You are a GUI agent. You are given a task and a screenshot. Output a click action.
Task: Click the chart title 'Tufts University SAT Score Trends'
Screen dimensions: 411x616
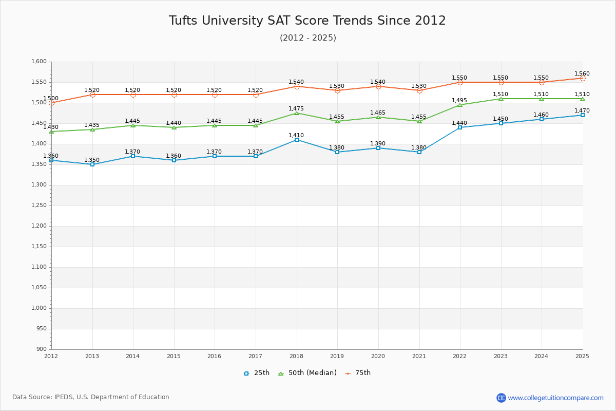pos(307,21)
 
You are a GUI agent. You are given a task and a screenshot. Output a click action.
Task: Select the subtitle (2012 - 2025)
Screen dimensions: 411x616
pos(307,38)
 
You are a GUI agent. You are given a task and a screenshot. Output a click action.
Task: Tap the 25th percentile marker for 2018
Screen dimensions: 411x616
pos(297,140)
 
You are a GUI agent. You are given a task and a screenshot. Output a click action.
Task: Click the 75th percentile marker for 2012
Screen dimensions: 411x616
pos(51,103)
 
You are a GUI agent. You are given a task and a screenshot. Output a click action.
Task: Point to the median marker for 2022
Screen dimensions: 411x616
pos(460,105)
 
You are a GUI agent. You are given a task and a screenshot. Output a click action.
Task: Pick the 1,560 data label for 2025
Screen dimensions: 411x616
pos(582,74)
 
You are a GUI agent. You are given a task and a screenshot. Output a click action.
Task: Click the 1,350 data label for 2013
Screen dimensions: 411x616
pos(92,160)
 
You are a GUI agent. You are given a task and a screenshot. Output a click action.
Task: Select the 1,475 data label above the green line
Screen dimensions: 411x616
pos(296,109)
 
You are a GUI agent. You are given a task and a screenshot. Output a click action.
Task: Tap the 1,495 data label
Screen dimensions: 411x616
pos(459,101)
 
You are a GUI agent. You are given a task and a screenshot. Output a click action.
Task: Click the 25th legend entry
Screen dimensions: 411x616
pos(257,373)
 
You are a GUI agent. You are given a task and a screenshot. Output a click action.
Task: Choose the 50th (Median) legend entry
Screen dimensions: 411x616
pos(307,373)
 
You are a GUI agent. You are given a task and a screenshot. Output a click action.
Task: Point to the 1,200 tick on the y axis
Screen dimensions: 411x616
pos(40,226)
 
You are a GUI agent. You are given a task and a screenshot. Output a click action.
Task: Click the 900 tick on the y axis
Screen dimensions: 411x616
pos(42,349)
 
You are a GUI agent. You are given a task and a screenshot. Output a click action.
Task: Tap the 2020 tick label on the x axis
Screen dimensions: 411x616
pos(378,356)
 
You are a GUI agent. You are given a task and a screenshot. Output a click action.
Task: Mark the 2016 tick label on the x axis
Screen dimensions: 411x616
pos(215,356)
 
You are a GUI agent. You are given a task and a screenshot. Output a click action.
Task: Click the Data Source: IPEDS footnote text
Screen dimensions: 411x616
pos(91,397)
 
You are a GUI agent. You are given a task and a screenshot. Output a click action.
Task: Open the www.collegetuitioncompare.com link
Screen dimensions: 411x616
pos(555,398)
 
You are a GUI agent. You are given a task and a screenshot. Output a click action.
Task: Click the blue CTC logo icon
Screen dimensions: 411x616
pos(501,398)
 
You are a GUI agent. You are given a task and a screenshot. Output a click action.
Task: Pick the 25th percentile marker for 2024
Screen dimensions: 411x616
pos(542,119)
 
